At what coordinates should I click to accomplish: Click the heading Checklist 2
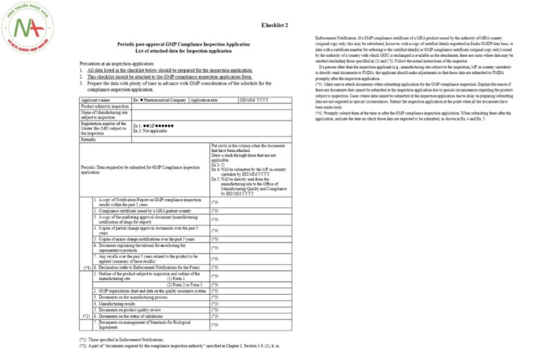click(x=275, y=25)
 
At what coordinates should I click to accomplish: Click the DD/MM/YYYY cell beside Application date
click(x=254, y=101)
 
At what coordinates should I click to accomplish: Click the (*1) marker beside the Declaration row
click(x=86, y=268)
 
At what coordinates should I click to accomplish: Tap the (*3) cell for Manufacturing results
click(x=215, y=304)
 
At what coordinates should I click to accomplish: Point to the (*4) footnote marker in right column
click(x=319, y=112)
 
